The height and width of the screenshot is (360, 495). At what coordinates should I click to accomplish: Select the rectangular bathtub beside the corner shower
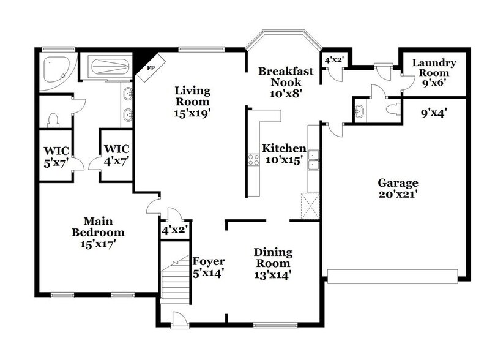[x=108, y=67]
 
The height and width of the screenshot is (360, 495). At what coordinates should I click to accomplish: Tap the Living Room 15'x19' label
[x=193, y=102]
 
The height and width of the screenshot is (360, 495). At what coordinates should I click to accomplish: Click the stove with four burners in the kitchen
[x=253, y=160]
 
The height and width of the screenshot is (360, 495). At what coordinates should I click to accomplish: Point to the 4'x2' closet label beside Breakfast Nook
[x=334, y=61]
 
